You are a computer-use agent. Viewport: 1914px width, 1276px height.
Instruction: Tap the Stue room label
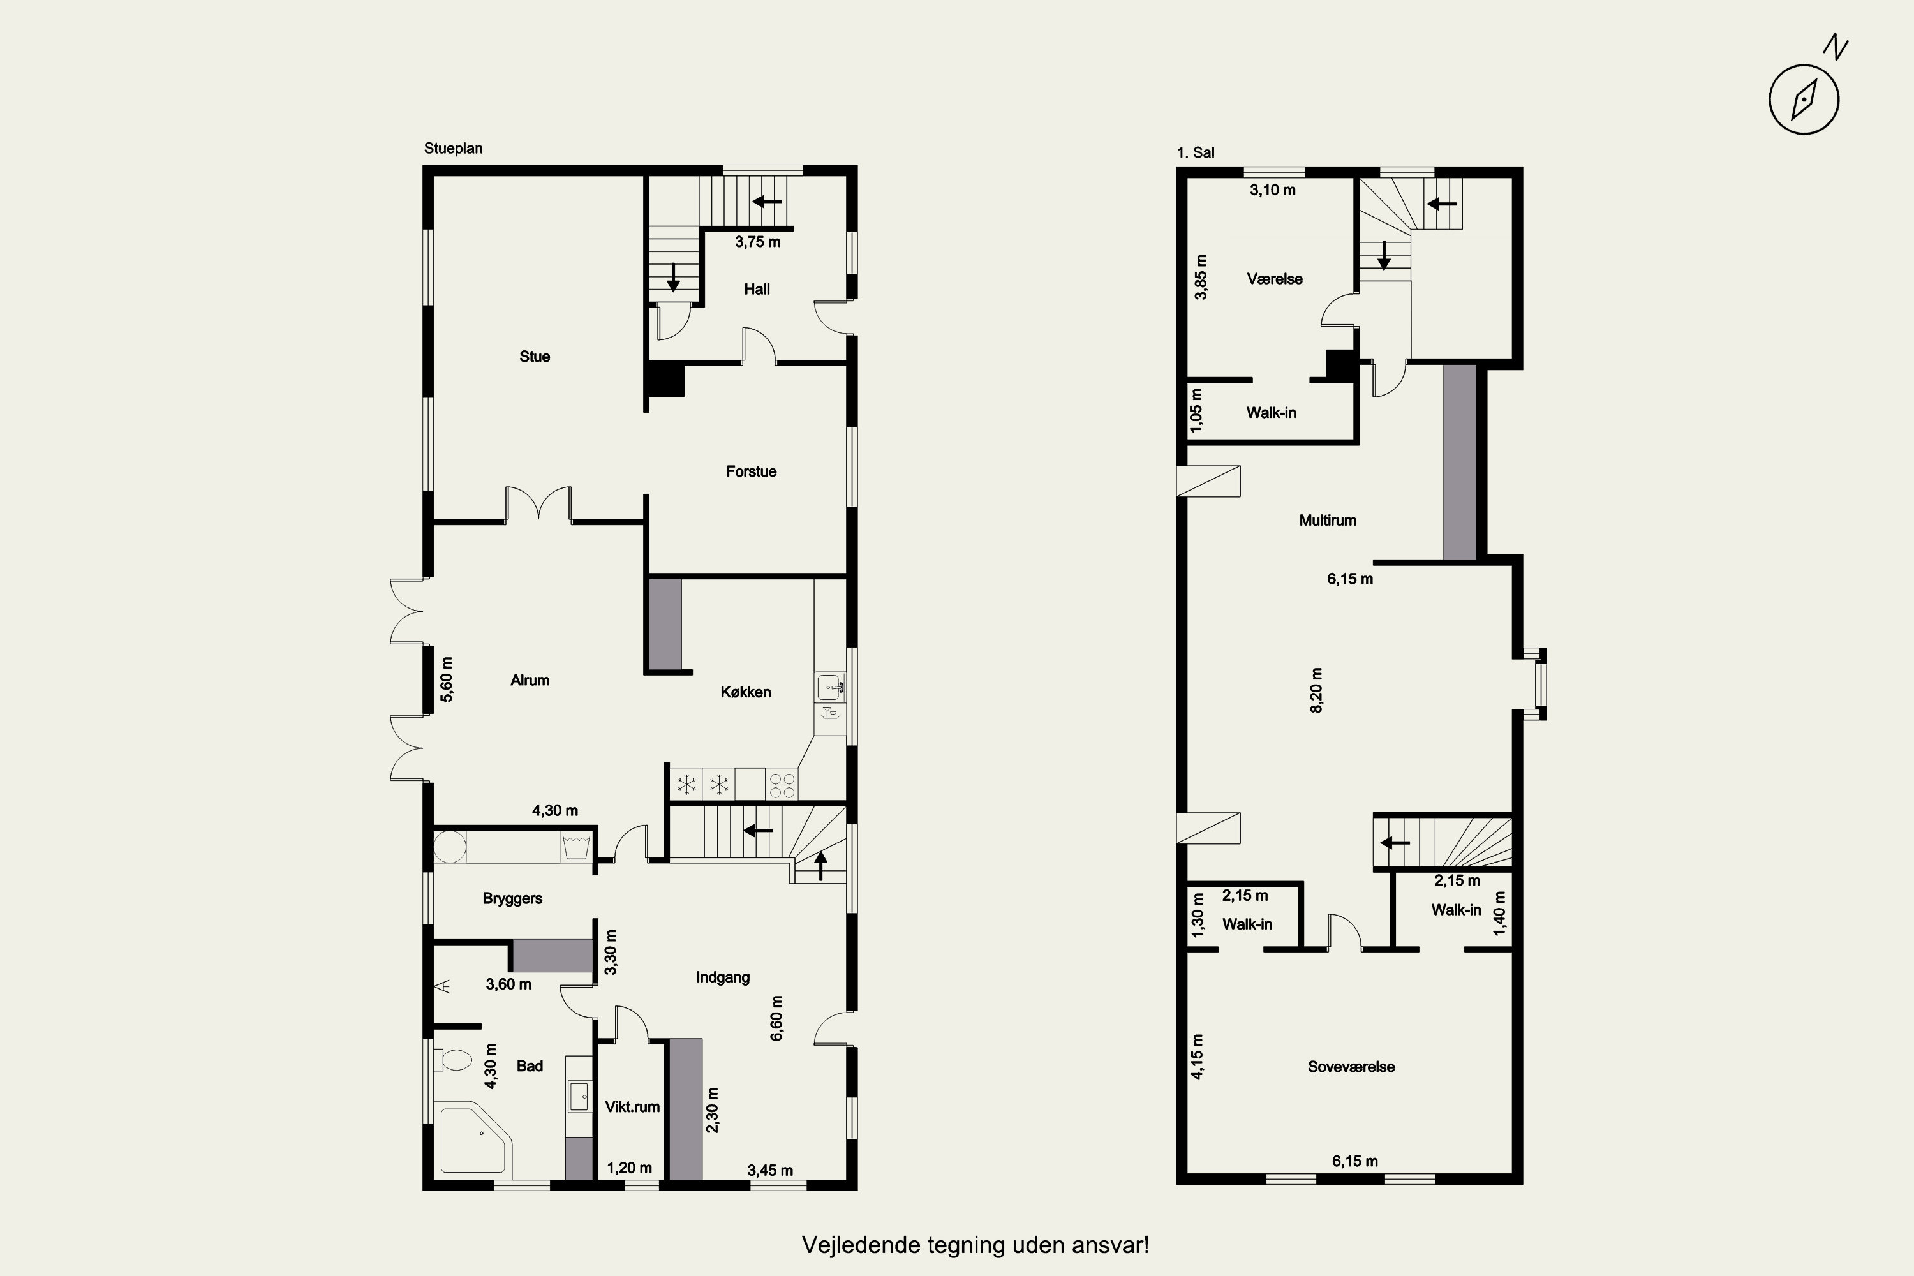(535, 357)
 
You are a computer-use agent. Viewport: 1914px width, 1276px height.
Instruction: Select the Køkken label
(745, 692)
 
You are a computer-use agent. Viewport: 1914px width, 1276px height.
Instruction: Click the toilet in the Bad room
(452, 1060)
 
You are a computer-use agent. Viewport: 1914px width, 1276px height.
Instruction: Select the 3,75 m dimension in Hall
(758, 242)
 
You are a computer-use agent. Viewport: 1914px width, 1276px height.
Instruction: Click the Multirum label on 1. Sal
(1327, 520)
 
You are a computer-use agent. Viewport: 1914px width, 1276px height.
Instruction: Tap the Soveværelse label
(1351, 1067)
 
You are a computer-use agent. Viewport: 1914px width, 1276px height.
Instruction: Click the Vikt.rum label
(632, 1107)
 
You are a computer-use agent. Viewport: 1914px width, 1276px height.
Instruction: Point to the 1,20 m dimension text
(629, 1168)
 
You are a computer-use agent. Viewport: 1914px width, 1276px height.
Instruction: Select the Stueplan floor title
(453, 148)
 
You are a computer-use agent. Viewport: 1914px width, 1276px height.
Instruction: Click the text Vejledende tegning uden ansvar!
(976, 1245)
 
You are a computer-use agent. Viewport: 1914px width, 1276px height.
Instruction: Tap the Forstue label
(751, 471)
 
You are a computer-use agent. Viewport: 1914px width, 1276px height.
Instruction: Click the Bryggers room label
(513, 898)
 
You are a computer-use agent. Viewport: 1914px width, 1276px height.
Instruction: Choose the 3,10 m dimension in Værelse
(1273, 189)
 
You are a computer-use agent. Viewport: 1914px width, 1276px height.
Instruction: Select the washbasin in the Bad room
(579, 1096)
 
